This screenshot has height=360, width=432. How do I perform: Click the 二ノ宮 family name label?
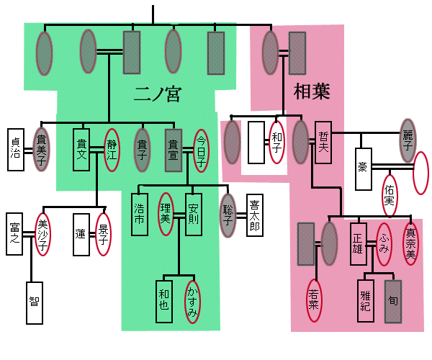coord(156,94)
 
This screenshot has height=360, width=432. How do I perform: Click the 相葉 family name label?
coord(311,91)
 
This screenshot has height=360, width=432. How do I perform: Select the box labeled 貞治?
coord(17,149)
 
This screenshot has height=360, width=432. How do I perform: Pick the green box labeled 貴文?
coord(82,149)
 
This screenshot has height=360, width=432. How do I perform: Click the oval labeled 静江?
coord(112,148)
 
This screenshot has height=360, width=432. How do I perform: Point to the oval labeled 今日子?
coord(202,150)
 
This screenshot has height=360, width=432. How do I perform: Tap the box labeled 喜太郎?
coord(255,214)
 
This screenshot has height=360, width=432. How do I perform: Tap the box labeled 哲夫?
coord(323,140)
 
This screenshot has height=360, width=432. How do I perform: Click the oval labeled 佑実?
coord(390,195)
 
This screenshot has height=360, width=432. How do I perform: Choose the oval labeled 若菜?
coord(314,298)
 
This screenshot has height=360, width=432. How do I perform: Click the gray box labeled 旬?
coord(393,297)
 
